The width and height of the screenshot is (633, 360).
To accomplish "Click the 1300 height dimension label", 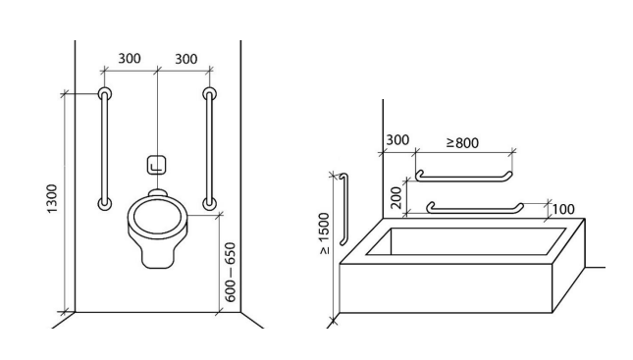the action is [52, 198].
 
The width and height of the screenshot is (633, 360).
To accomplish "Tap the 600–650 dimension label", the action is [230, 272].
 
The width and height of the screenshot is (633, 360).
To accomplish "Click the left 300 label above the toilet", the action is [130, 58].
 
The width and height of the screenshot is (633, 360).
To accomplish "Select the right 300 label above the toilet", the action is [186, 59].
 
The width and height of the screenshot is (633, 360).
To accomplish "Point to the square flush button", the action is [157, 165].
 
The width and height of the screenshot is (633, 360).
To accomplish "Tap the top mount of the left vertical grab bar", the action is [105, 94].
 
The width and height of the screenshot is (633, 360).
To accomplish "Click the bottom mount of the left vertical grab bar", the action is [105, 203].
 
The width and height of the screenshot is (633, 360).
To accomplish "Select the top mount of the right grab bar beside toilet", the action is [209, 94].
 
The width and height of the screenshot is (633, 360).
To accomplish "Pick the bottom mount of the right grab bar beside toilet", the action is [209, 203].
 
